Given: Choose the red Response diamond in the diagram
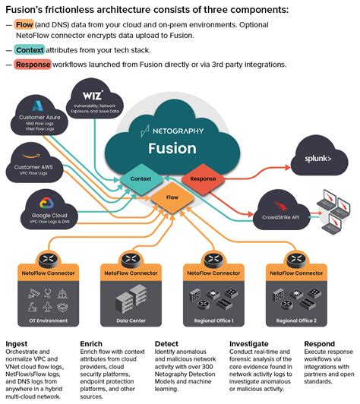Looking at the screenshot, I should tap(204, 180).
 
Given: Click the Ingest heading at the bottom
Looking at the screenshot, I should tap(16, 343).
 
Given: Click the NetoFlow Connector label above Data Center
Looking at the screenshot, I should tap(131, 271).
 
